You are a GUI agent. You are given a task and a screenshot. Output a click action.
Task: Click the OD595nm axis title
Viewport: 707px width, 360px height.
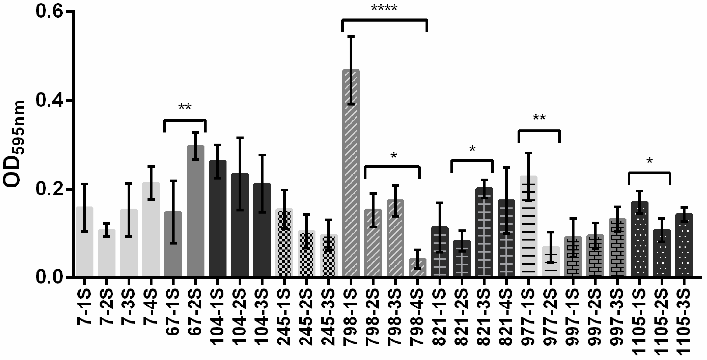(14, 144)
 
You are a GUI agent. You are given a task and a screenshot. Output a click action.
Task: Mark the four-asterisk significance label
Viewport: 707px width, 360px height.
(384, 8)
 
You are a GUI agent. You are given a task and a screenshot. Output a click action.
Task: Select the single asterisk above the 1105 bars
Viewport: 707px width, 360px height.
(649, 161)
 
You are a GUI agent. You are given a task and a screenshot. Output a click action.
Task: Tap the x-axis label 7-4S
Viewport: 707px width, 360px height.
(151, 307)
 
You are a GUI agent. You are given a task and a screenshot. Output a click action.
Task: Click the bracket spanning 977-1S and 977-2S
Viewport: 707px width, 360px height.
(539, 131)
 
